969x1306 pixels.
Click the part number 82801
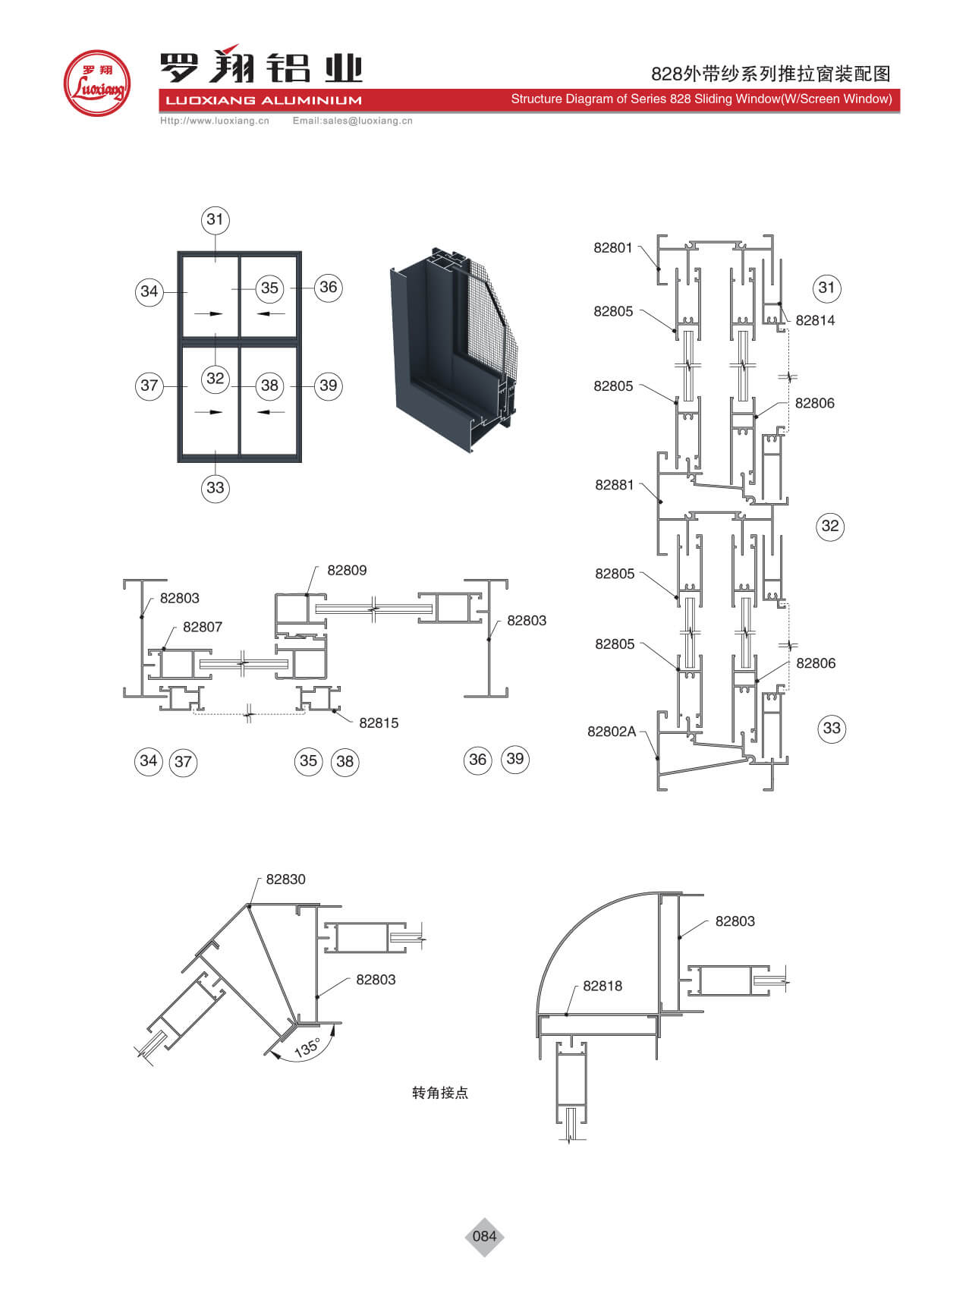[x=612, y=247]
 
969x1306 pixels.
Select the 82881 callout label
[x=614, y=485]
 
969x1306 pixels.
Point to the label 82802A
[x=611, y=732]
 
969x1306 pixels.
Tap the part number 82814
[x=815, y=320]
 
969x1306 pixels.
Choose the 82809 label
[x=347, y=570]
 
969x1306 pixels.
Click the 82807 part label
[x=203, y=627]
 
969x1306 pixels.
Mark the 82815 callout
[x=379, y=723]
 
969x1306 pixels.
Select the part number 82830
[x=285, y=880]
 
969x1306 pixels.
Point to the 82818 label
[x=602, y=986]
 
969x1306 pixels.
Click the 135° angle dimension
[x=307, y=1048]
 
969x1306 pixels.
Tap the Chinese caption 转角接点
[x=440, y=1093]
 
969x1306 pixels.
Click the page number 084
[x=484, y=1236]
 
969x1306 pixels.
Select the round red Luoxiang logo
[x=96, y=83]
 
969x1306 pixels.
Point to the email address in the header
[x=353, y=121]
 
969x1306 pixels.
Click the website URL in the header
[x=215, y=121]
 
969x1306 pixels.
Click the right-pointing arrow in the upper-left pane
[x=215, y=313]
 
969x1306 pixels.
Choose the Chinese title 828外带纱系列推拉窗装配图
[x=770, y=74]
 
